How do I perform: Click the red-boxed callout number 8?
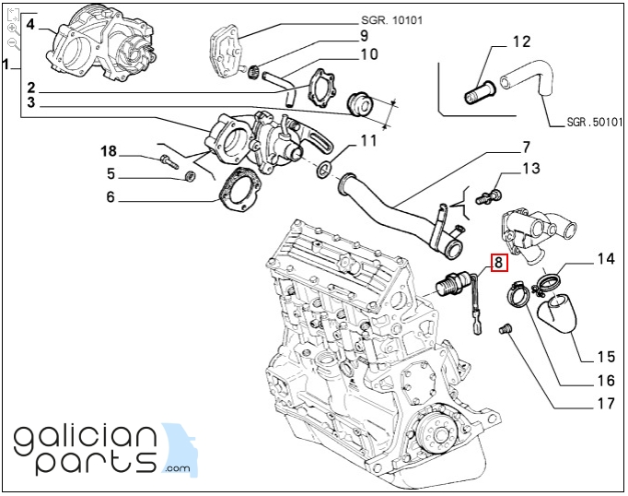[498, 263]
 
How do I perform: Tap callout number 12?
[521, 41]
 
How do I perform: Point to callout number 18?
[109, 151]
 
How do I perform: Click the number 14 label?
[605, 260]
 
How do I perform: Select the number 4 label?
[30, 24]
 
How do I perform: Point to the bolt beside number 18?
[169, 162]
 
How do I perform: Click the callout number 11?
[368, 141]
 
